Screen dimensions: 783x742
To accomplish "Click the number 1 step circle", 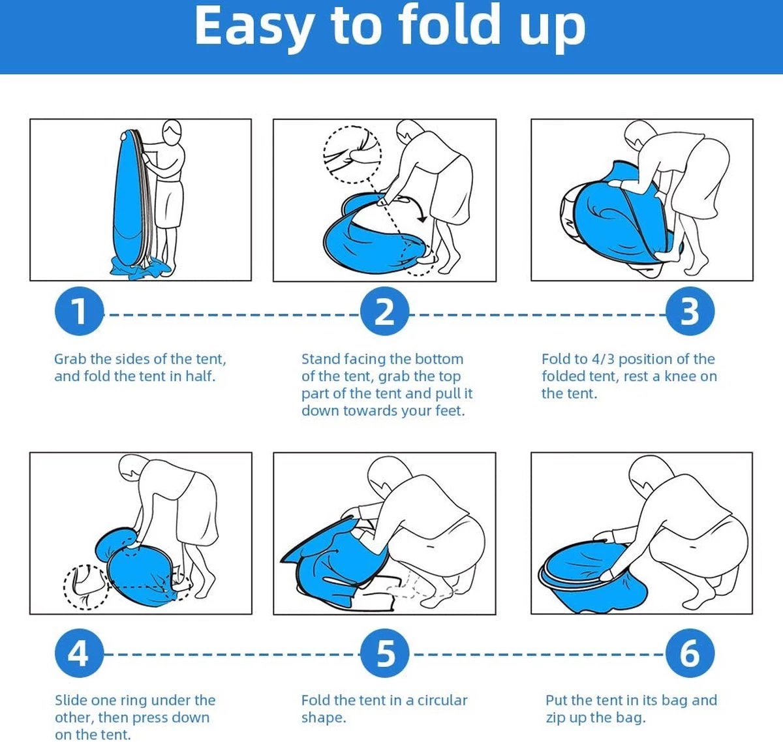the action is (x=79, y=311).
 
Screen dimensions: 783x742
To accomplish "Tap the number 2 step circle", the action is (x=384, y=311).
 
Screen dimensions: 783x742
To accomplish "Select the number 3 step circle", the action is (x=690, y=311).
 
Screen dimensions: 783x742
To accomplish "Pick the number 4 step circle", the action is (x=79, y=653).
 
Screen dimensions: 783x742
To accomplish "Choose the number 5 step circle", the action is (x=384, y=653).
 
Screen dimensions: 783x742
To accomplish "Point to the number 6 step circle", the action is (x=690, y=653).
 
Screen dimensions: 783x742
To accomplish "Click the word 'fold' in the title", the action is (x=450, y=25).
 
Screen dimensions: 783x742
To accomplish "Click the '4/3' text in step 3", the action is (x=604, y=359).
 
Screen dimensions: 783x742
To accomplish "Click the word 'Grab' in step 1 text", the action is (x=70, y=359).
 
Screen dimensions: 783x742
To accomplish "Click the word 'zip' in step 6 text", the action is (x=554, y=718).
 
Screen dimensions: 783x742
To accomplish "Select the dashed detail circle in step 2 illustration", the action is (x=324, y=155).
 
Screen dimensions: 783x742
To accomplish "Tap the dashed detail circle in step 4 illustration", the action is (x=65, y=587).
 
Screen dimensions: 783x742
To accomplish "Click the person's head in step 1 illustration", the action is (x=172, y=130).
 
